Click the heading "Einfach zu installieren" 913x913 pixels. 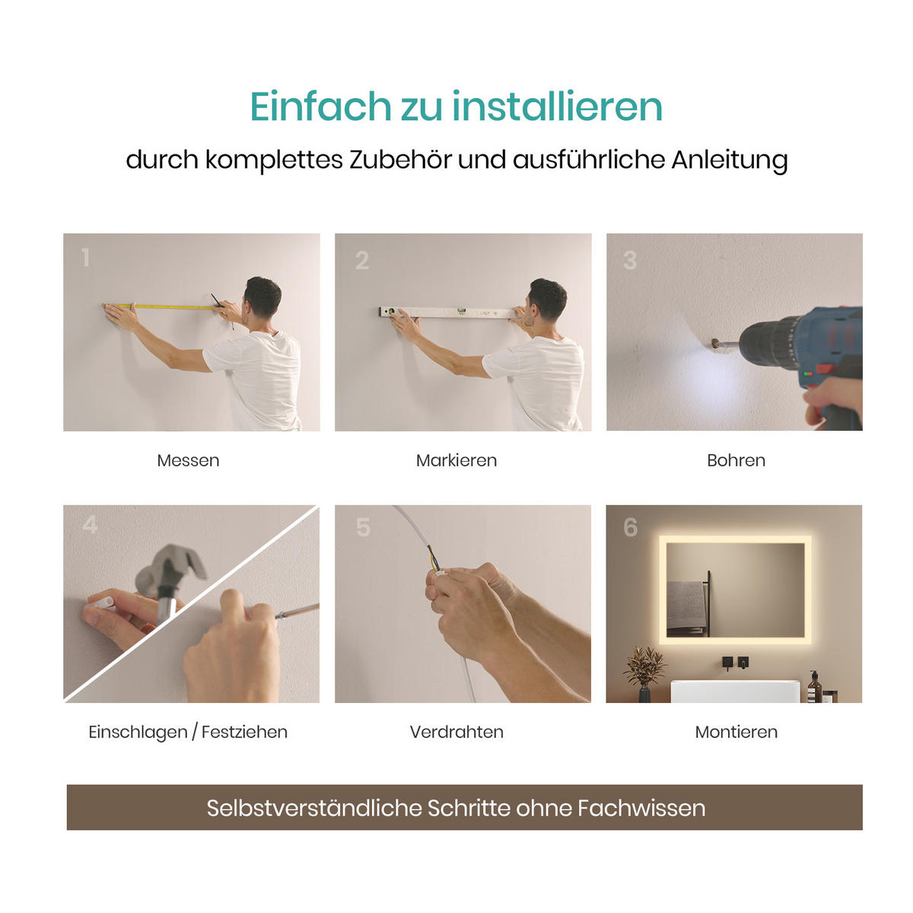(456, 107)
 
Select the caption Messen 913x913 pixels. (188, 460)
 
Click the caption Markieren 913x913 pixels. (456, 460)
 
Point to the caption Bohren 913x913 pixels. (736, 460)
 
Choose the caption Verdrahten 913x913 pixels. (456, 732)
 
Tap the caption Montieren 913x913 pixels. (736, 732)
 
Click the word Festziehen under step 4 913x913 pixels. (244, 732)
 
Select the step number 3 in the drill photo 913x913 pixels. (629, 261)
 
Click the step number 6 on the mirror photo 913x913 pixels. (630, 527)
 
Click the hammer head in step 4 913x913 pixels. (171, 567)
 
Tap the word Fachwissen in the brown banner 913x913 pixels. (641, 808)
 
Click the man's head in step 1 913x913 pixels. (262, 296)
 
